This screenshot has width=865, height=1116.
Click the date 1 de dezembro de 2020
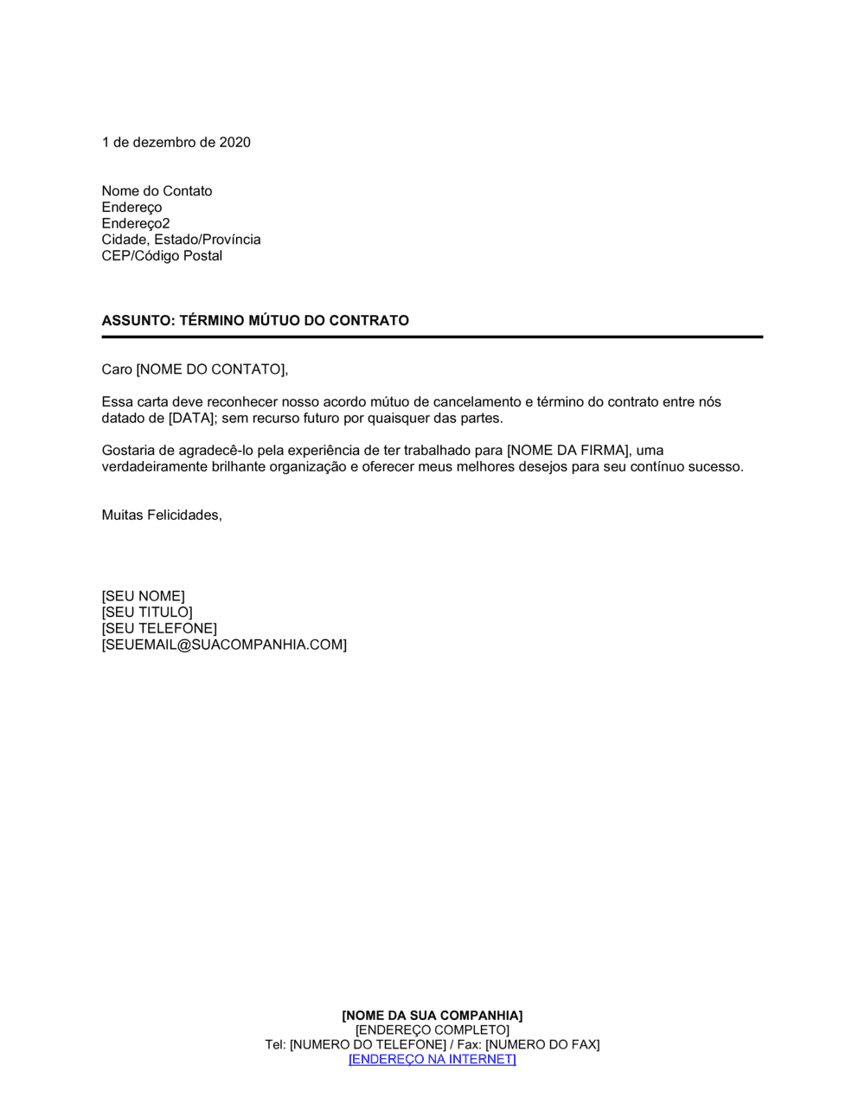pyautogui.click(x=176, y=143)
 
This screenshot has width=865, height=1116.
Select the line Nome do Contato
pyautogui.click(x=157, y=191)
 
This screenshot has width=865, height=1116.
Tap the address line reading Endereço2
pyautogui.click(x=136, y=223)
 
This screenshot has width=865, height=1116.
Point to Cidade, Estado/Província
pyautogui.click(x=181, y=240)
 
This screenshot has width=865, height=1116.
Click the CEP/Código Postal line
pyautogui.click(x=162, y=256)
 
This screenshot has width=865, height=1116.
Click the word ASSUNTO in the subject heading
pyautogui.click(x=138, y=321)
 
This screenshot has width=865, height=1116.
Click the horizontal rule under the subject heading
pyautogui.click(x=432, y=337)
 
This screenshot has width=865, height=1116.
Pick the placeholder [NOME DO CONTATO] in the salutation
pyautogui.click(x=210, y=370)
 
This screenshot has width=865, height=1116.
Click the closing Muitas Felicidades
pyautogui.click(x=162, y=516)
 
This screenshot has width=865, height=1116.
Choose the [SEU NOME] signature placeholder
pyautogui.click(x=143, y=597)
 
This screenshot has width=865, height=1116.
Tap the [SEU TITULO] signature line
pyautogui.click(x=147, y=613)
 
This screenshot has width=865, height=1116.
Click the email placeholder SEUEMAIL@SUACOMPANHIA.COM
pyautogui.click(x=224, y=645)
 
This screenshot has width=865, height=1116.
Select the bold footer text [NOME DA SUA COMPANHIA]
pyautogui.click(x=432, y=1016)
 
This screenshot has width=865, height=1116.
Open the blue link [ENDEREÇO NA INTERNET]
pyautogui.click(x=432, y=1060)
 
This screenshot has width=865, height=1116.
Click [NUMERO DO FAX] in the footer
pyautogui.click(x=541, y=1045)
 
